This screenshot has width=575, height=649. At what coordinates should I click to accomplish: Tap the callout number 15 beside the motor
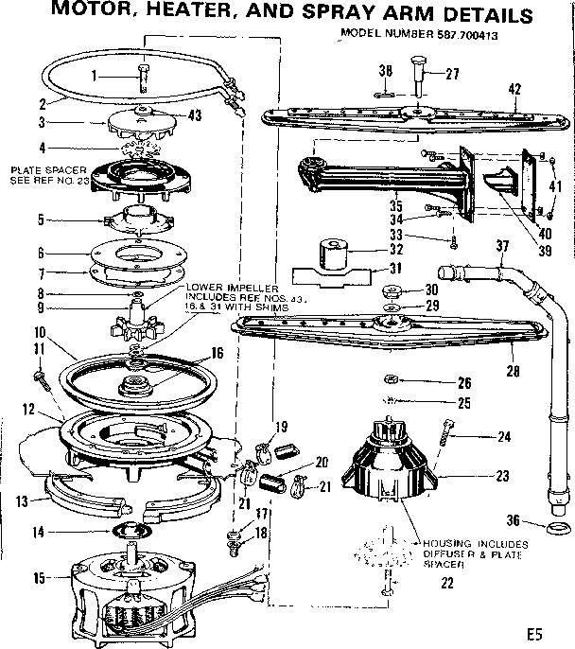coord(40,577)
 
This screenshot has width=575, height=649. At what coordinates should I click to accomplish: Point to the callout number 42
coord(514,90)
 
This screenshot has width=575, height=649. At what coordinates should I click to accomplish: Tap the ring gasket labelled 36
coord(557,526)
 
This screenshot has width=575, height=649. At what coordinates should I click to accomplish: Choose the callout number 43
coord(196,114)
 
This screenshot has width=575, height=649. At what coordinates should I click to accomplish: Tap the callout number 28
coord(512,372)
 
